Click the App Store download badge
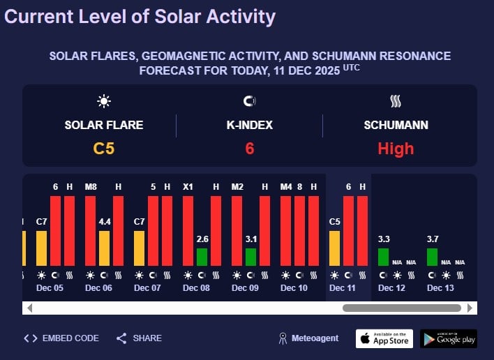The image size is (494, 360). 384,338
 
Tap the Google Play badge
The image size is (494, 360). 449,338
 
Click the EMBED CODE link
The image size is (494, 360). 61,338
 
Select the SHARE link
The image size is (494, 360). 139,338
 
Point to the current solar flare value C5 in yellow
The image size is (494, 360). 103,148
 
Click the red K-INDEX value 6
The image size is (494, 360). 249,148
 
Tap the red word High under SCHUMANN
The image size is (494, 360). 396,148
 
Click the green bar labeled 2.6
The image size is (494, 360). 202,257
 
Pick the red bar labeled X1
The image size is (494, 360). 188,230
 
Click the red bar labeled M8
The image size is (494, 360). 90,230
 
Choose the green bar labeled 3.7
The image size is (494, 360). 432,257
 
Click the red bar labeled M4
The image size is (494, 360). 285,230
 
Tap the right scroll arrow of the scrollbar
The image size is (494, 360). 471,308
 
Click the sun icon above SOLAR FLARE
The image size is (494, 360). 104,102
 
